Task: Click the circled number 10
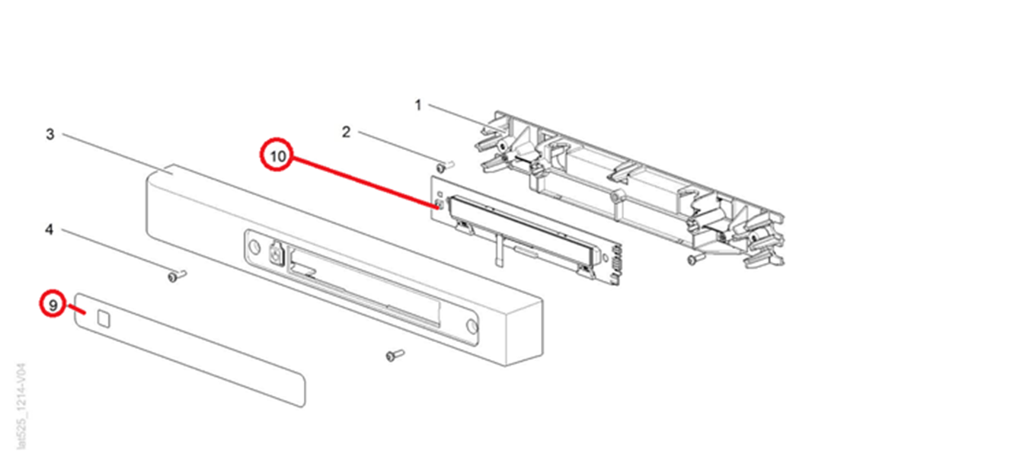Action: point(277,155)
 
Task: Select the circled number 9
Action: point(53,304)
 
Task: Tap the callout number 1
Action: point(418,105)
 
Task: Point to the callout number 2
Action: point(346,133)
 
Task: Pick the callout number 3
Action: point(50,135)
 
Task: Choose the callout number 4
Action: point(49,229)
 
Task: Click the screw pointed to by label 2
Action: point(445,166)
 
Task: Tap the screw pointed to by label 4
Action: point(176,276)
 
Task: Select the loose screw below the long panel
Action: point(395,355)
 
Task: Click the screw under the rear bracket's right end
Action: point(695,258)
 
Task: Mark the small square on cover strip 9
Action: point(104,318)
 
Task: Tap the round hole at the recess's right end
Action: point(472,326)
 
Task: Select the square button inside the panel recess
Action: point(276,255)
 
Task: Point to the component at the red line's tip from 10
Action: point(440,204)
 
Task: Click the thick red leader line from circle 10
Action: point(364,182)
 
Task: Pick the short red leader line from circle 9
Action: point(77,309)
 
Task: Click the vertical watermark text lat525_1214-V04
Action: point(21,406)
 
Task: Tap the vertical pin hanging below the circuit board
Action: point(497,250)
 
